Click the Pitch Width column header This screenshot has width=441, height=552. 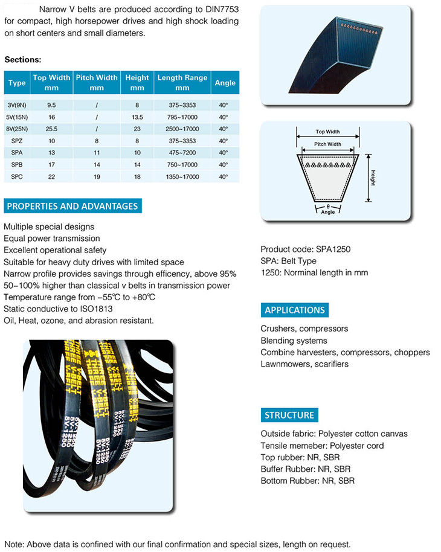coord(97,82)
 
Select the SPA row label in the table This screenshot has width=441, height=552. coord(17,153)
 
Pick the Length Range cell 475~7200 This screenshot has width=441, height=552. coord(182,153)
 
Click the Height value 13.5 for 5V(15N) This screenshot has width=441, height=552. coord(137,117)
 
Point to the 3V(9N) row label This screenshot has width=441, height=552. coord(17,105)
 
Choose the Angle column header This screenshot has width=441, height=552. coord(225,82)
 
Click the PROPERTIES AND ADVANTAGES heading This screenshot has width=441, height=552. coord(72,206)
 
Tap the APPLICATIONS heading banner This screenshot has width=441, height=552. coord(295,310)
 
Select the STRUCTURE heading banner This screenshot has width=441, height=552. coord(289,415)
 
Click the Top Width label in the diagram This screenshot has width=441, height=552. coord(327,132)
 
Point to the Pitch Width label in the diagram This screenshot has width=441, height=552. coord(327,144)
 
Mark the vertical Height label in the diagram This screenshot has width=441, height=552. coord(374,178)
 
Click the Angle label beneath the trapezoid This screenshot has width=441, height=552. coord(327,212)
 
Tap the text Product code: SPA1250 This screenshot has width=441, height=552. coord(306,249)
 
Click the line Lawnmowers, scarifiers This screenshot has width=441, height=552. coord(304,364)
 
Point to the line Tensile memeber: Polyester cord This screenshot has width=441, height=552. coord(322,446)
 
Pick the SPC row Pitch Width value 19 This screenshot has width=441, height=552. coord(97,176)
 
